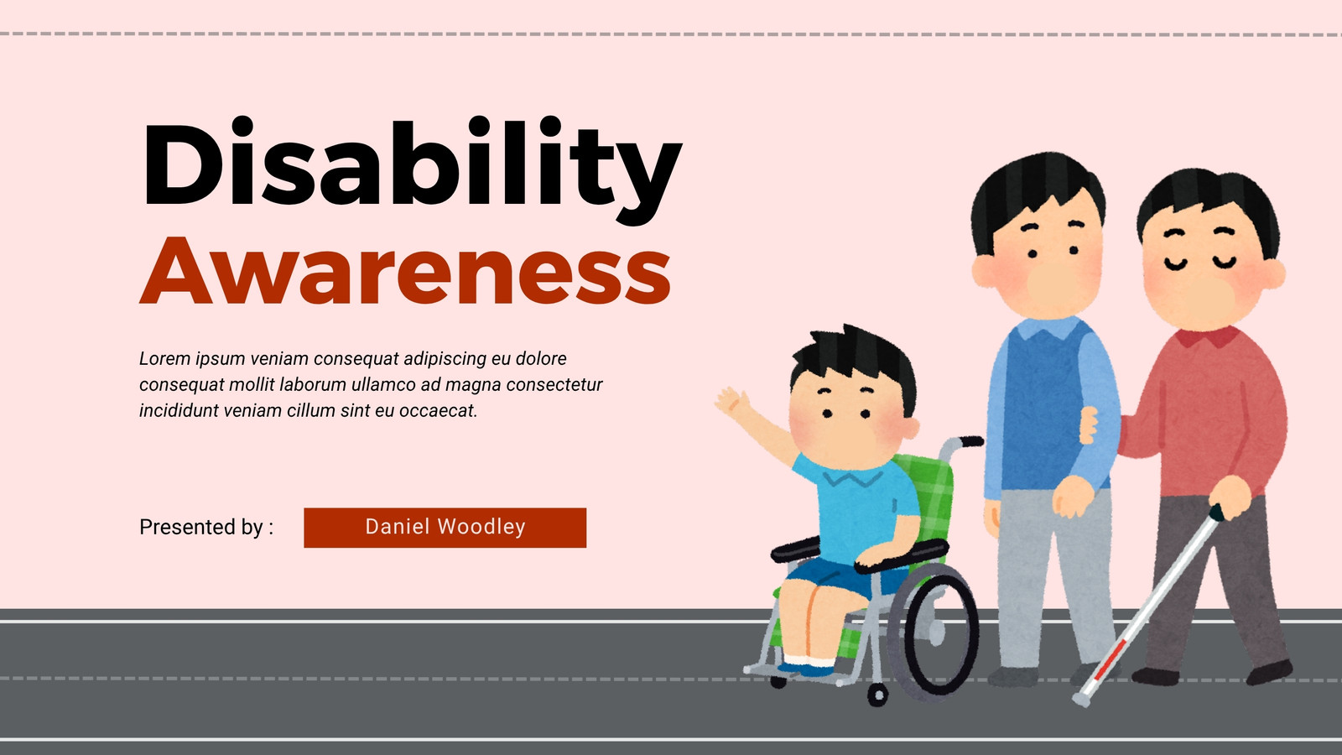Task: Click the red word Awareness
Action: point(405,272)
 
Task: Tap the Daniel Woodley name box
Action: point(445,528)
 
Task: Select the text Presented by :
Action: point(206,528)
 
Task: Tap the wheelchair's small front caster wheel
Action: point(877,695)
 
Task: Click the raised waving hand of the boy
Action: point(733,402)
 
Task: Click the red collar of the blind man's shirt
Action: point(1208,336)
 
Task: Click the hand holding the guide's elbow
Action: point(1090,424)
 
